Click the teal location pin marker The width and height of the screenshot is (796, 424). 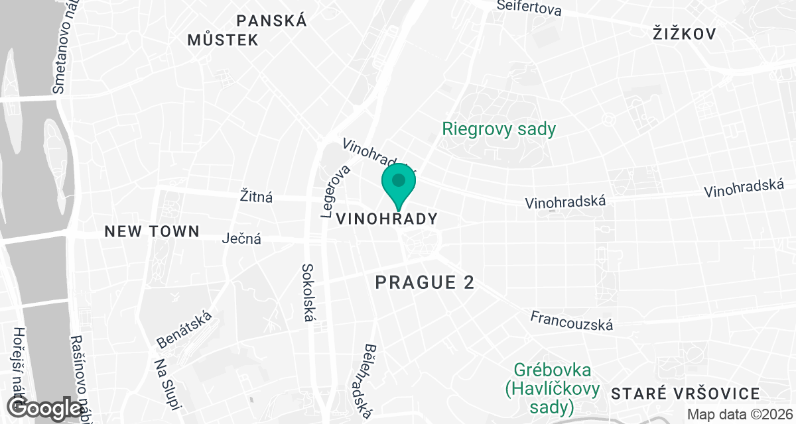pos(399,184)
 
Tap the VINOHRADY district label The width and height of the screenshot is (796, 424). pos(387,219)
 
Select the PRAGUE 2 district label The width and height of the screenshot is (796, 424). pos(425,283)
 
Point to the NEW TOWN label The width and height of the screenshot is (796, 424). pos(152,231)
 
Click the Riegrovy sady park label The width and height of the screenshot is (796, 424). pos(499,129)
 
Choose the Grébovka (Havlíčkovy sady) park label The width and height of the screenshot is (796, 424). pos(553,388)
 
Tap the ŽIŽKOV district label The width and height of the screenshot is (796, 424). pos(684,33)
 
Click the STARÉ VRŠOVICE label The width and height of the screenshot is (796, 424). pos(685,394)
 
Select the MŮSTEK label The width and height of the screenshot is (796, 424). pos(222,40)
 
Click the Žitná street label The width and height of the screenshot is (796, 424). pos(257,197)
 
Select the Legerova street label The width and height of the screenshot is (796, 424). pos(336,191)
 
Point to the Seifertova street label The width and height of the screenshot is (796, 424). pos(529,9)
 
